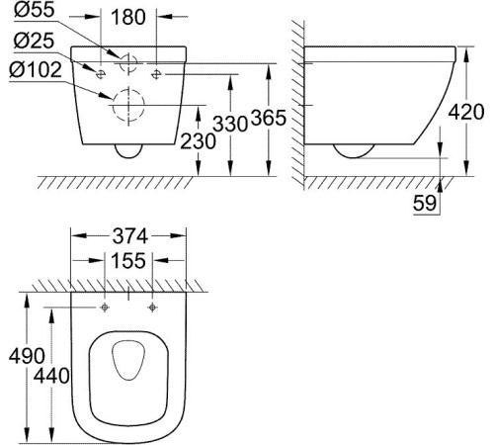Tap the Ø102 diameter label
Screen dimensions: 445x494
point(38,72)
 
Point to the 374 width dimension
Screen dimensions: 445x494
point(129,237)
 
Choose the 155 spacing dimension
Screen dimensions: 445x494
point(129,261)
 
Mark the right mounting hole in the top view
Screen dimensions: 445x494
point(152,308)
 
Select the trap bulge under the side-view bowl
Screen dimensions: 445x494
point(353,152)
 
